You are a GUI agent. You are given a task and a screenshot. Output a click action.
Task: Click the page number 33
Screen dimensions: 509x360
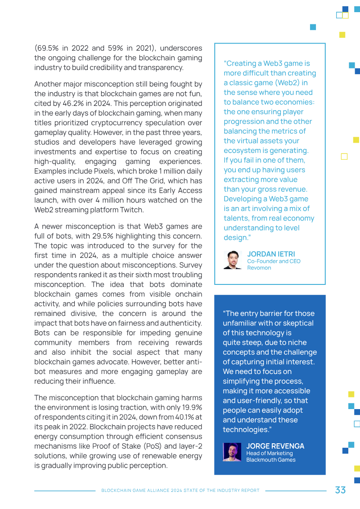click(x=340, y=490)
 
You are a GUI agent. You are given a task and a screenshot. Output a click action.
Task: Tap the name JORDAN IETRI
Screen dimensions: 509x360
click(x=271, y=254)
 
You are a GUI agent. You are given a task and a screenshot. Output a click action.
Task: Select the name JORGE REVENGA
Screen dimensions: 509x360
click(x=275, y=446)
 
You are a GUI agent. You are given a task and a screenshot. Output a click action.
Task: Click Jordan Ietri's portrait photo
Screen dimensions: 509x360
click(x=233, y=260)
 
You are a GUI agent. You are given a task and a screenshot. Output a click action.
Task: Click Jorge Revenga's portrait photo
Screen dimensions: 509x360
click(x=232, y=452)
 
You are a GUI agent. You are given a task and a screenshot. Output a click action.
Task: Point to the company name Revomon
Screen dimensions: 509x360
click(x=259, y=268)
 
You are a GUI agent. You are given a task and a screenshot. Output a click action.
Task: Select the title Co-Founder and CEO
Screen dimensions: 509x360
click(x=274, y=261)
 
